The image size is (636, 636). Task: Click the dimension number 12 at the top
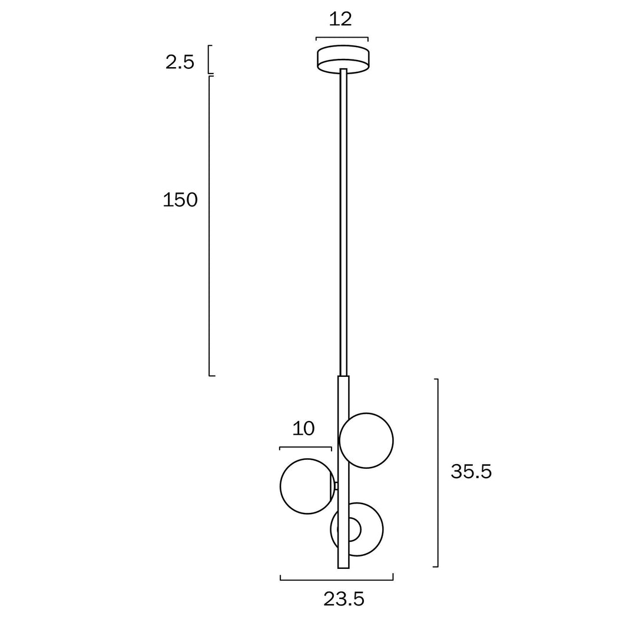pyautogui.click(x=340, y=19)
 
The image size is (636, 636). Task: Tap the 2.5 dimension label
pyautogui.click(x=180, y=62)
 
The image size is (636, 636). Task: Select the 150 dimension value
pyautogui.click(x=180, y=200)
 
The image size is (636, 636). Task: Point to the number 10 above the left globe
pyautogui.click(x=303, y=428)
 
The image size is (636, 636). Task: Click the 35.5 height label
pyautogui.click(x=471, y=471)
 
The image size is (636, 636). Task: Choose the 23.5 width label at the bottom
pyautogui.click(x=344, y=599)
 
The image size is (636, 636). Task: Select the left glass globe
pyautogui.click(x=305, y=486)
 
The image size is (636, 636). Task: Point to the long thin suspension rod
pyautogui.click(x=343, y=224)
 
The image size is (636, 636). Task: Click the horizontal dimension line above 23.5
pyautogui.click(x=336, y=580)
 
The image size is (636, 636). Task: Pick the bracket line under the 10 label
pyautogui.click(x=305, y=448)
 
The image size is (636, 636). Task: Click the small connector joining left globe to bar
pyautogui.click(x=336, y=486)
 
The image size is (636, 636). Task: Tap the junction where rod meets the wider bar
pyautogui.click(x=343, y=376)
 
